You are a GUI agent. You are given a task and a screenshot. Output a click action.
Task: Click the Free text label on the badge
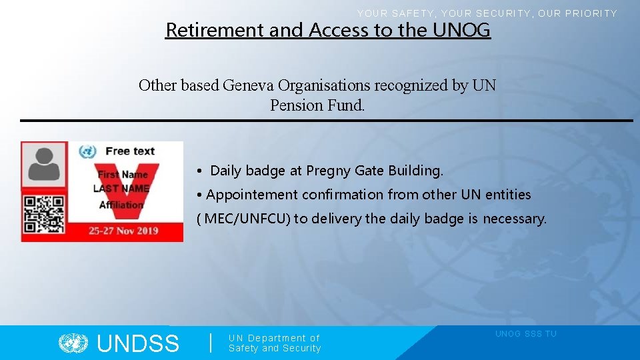click(130, 151)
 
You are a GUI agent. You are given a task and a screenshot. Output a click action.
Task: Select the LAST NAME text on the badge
click(121, 189)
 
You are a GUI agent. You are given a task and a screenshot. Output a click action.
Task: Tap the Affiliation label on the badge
click(121, 205)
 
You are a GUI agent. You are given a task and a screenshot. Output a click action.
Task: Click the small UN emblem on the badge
click(87, 151)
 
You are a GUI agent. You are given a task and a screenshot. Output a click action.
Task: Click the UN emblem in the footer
click(73, 343)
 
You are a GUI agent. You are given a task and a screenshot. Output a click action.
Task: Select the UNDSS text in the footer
click(138, 344)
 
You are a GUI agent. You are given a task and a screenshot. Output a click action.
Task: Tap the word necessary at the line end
click(514, 219)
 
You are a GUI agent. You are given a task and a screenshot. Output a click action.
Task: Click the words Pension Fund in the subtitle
click(317, 105)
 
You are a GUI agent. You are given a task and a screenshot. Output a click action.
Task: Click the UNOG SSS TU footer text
click(525, 334)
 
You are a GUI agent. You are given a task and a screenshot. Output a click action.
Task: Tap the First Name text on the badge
click(123, 174)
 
